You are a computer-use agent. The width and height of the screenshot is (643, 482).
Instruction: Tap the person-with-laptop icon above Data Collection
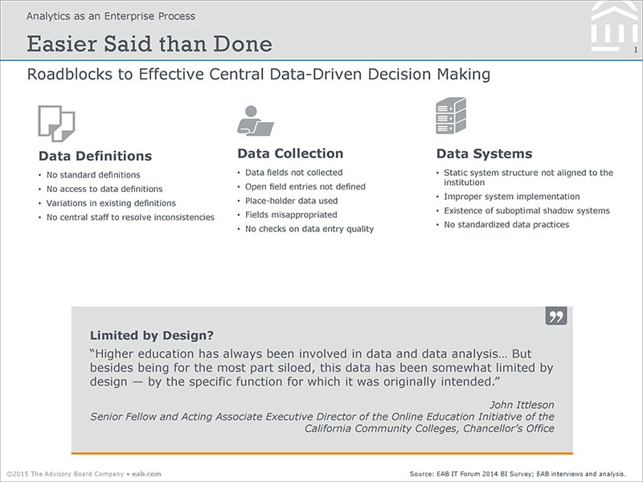255,121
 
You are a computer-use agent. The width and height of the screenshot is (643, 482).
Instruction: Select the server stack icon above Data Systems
451,116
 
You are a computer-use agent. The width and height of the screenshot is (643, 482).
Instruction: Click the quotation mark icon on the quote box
556,316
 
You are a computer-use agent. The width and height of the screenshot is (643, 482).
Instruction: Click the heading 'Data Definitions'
95,156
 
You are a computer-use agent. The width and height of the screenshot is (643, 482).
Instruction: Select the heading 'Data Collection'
290,153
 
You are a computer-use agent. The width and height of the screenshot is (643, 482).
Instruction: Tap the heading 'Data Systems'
485,153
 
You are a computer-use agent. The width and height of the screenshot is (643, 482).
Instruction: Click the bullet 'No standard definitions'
93,175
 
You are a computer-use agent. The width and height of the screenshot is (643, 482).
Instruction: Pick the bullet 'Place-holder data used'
291,201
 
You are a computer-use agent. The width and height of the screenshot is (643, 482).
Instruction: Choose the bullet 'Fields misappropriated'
291,214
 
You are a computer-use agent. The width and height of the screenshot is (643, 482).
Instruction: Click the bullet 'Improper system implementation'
512,197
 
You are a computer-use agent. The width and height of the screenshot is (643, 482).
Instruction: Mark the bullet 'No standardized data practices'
506,225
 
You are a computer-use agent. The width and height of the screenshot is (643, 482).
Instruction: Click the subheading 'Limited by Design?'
152,335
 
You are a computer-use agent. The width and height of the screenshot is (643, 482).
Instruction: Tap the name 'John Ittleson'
522,405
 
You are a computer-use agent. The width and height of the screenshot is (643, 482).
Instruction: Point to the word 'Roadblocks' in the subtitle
69,74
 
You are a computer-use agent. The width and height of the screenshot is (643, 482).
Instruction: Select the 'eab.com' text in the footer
146,474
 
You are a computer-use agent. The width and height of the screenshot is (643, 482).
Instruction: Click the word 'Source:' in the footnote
421,474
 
